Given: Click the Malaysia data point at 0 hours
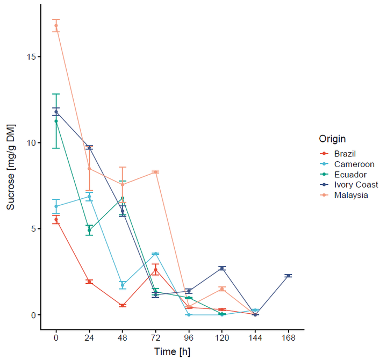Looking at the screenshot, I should click(x=56, y=25).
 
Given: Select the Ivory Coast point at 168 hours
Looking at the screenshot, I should click(x=289, y=276).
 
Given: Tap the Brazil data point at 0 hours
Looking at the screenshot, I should click(x=56, y=219).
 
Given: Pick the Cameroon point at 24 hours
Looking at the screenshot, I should click(x=89, y=197).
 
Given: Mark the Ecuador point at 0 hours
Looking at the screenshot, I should click(x=56, y=121).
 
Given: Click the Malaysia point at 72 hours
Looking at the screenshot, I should click(x=155, y=172).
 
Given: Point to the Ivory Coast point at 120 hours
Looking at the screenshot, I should click(x=222, y=268).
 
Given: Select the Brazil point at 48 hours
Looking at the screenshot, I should click(x=123, y=305).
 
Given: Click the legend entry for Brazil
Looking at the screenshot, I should click(x=345, y=154).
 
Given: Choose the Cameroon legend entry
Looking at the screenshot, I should click(x=354, y=164).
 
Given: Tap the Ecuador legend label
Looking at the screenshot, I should click(x=350, y=175).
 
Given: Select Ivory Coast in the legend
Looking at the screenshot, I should click(x=356, y=185).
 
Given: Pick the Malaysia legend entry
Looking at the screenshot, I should click(x=351, y=196).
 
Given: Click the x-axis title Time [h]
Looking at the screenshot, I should click(x=172, y=352).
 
